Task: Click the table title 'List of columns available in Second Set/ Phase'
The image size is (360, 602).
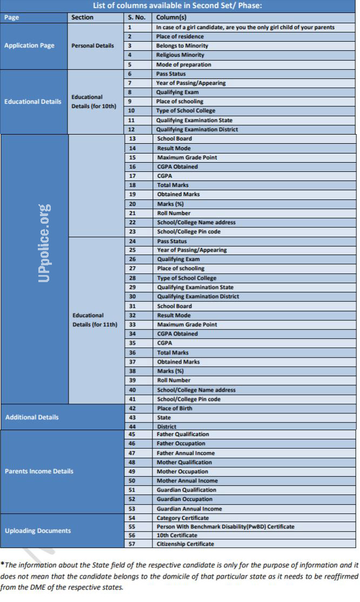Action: [x=178, y=6]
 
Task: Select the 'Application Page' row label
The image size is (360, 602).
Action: [x=29, y=46]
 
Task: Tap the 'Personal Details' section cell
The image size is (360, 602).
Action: [x=92, y=46]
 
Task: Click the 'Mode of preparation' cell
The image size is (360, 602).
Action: [x=183, y=65]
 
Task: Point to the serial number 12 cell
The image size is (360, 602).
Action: [x=131, y=130]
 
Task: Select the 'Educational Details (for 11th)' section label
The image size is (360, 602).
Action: [x=95, y=319]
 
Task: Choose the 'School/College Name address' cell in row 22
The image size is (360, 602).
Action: [x=196, y=223]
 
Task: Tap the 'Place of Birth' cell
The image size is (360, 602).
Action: [x=175, y=409]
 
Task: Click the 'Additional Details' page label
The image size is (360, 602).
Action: [x=32, y=417]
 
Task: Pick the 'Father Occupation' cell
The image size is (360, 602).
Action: [x=181, y=444]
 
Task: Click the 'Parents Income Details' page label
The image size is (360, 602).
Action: [x=39, y=471]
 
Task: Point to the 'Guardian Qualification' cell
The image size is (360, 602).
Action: [x=186, y=490]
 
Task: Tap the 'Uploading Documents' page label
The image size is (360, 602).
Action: [x=38, y=531]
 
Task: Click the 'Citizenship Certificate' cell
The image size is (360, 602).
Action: [x=185, y=544]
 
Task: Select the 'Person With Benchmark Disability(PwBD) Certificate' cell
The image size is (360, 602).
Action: [x=225, y=526]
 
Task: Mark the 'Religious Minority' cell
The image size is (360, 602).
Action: [x=180, y=55]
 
